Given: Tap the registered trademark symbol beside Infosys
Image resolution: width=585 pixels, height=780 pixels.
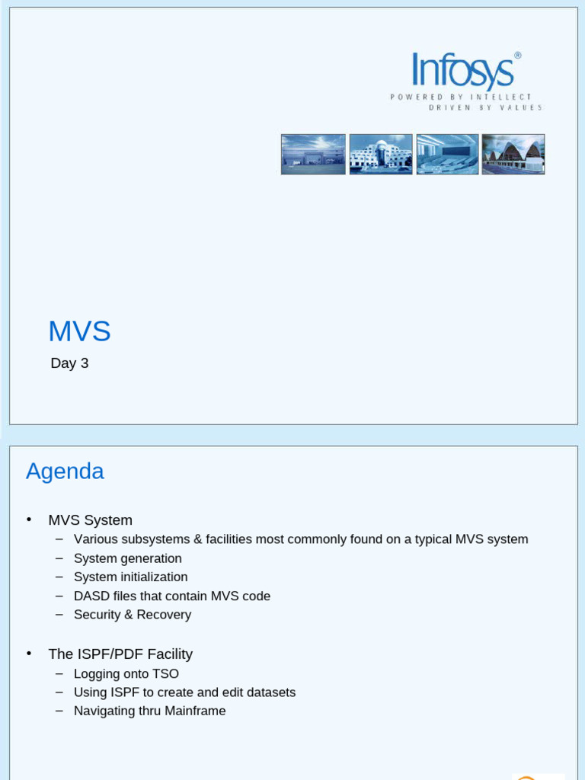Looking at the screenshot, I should (x=518, y=56).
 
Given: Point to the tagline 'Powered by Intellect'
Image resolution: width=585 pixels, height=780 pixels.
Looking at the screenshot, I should (x=461, y=97).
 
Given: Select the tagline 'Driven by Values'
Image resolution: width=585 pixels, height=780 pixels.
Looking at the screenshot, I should (x=486, y=107).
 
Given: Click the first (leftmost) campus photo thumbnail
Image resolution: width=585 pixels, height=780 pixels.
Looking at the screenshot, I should (x=313, y=155).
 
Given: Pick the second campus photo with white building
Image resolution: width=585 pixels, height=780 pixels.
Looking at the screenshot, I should (x=381, y=155).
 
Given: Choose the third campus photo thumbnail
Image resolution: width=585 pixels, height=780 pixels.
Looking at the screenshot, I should (x=447, y=155).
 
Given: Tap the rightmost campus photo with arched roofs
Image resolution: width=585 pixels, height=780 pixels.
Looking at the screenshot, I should (x=513, y=155).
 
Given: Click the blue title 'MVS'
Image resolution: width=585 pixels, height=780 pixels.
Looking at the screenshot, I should (x=79, y=331).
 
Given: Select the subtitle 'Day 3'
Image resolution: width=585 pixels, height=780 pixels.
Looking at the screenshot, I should (x=69, y=363).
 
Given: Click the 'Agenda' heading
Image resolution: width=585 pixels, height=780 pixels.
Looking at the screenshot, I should (x=65, y=472).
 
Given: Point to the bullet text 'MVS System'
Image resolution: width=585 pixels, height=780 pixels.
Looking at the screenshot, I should (x=90, y=520).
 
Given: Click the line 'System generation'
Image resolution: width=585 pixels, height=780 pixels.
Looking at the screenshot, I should (x=127, y=558).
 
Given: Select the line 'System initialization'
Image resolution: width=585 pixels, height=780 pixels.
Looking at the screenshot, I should (x=130, y=577).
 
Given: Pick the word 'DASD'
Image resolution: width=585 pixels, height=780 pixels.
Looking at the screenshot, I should (x=91, y=596).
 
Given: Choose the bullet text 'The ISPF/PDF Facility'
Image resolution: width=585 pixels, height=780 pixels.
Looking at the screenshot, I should (x=120, y=654).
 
